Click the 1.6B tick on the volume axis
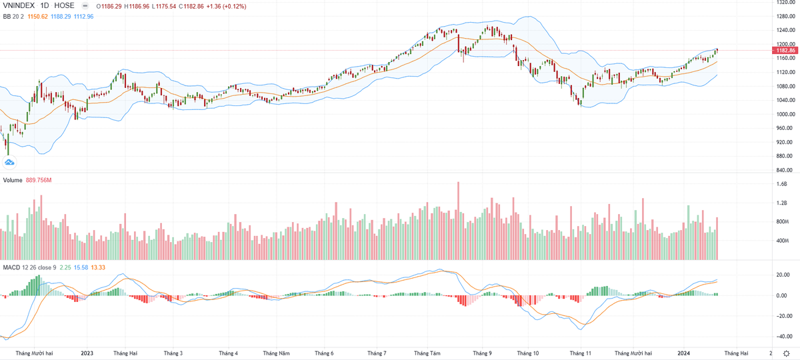point(781,184)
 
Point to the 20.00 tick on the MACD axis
point(783,275)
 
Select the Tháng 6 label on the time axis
point(323,353)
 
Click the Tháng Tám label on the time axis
point(427,353)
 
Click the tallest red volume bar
point(459,220)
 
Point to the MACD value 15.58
point(81,267)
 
